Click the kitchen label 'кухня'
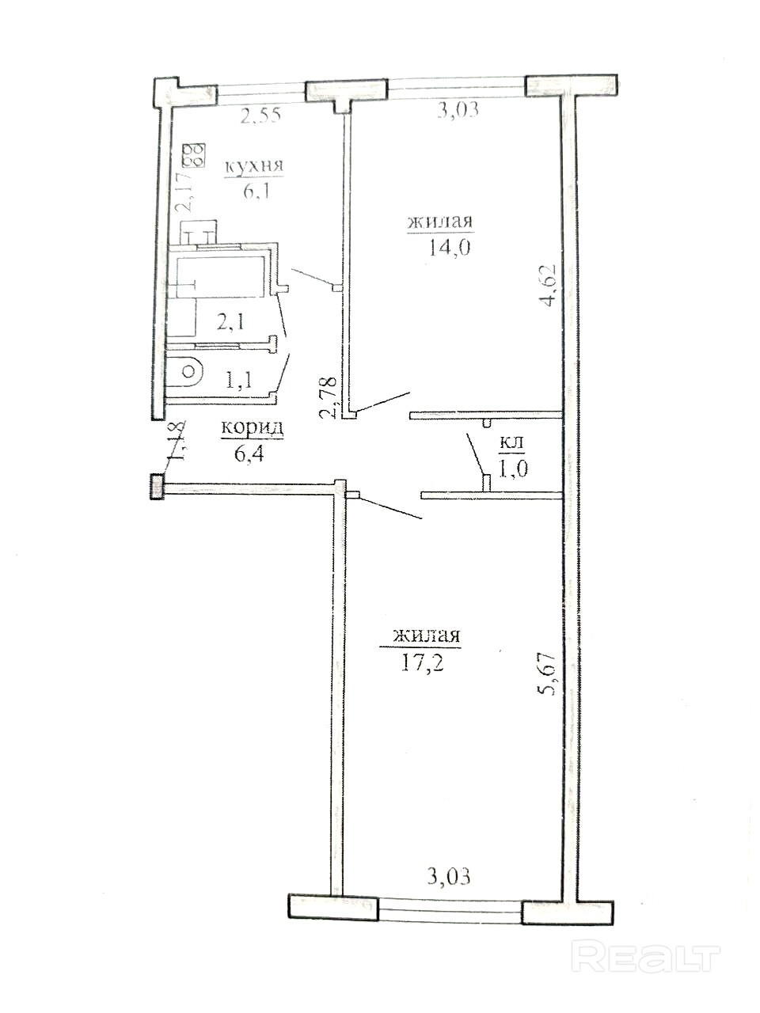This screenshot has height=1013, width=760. coord(254,167)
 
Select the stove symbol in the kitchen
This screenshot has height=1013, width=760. coord(194,156)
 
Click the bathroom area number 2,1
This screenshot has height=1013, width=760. coord(230,321)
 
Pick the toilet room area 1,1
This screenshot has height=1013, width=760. coord(238,381)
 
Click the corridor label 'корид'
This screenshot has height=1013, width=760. coord(253,429)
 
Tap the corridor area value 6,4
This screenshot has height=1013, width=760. coord(249,454)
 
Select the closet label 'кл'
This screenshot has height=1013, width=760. coord(511,443)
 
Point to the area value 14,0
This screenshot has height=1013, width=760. coord(449,249)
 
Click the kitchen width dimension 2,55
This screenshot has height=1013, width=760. coord(260,116)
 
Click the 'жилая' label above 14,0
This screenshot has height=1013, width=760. coord(440,222)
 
